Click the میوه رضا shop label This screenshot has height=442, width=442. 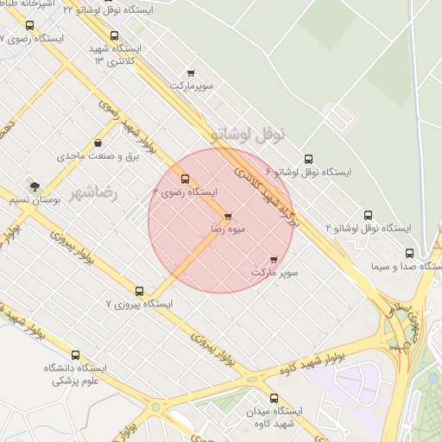click(229, 230)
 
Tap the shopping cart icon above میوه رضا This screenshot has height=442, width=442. click(228, 217)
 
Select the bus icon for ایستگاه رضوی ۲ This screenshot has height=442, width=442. click(186, 180)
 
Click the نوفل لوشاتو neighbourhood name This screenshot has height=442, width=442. click(252, 135)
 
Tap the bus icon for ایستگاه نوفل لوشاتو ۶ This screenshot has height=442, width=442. click(308, 159)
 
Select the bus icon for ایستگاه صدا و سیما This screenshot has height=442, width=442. click(409, 254)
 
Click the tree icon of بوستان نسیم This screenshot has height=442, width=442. click(35, 186)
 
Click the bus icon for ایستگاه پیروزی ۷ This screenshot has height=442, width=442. click(140, 291)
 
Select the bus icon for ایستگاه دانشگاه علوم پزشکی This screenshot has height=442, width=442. click(75, 355)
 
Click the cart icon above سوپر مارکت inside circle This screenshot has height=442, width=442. click(275, 259)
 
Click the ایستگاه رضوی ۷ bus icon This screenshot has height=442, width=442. click(31, 26)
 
